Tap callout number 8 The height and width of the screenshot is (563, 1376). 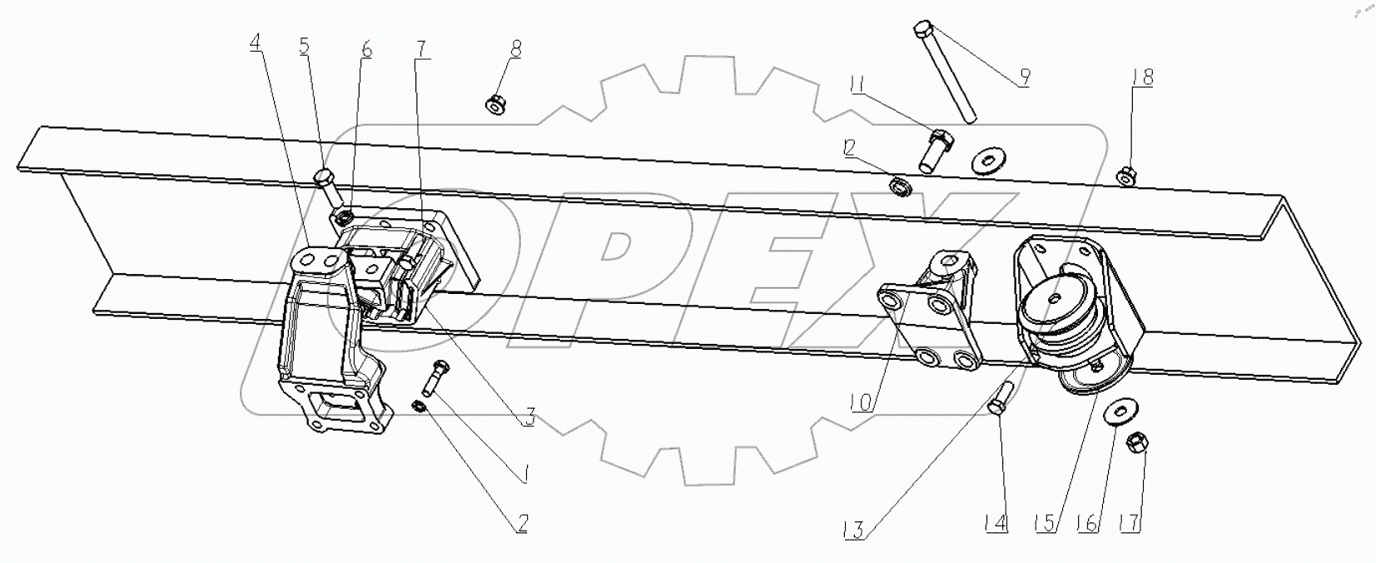point(516,49)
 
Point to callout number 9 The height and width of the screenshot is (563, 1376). point(1023,77)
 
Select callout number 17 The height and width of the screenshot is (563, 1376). point(1128,524)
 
